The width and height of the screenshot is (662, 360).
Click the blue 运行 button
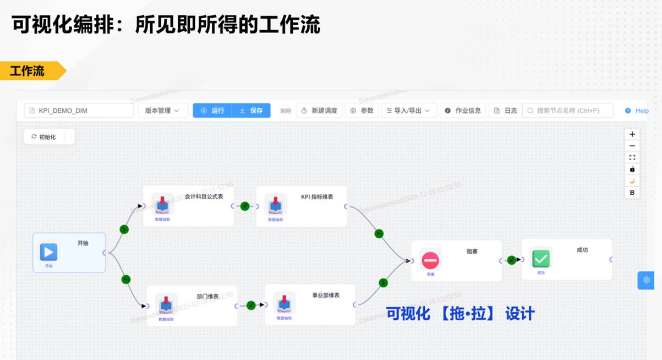click(212, 111)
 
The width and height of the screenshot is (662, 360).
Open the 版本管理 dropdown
click(162, 111)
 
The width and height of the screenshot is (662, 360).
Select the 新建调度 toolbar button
click(319, 111)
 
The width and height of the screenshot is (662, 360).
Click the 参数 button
click(362, 111)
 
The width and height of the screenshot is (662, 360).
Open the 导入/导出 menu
click(409, 111)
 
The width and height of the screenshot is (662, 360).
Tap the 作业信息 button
click(463, 111)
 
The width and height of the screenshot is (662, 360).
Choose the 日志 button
click(505, 111)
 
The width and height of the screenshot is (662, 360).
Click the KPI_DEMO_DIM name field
click(79, 111)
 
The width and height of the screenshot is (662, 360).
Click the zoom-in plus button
click(632, 134)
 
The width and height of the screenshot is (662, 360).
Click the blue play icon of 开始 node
click(48, 252)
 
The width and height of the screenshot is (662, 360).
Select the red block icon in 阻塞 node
click(430, 259)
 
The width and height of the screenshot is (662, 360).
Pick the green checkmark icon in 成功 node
click(541, 258)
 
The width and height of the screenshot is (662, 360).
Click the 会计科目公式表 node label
click(204, 196)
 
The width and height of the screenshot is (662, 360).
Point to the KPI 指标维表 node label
click(316, 197)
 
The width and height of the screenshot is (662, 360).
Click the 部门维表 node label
click(207, 296)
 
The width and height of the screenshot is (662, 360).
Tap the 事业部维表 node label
click(326, 295)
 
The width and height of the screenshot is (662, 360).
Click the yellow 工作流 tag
click(29, 71)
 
